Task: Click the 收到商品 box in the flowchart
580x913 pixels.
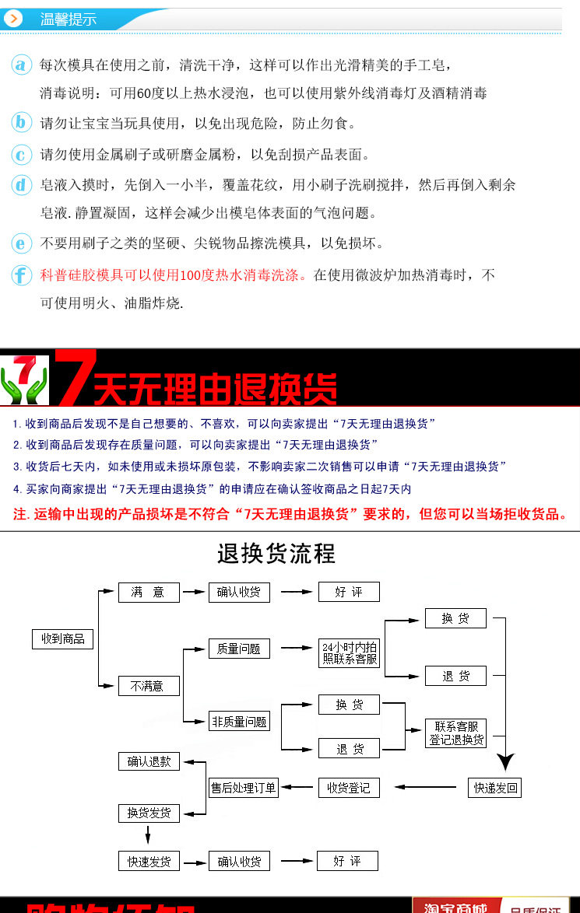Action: point(62,639)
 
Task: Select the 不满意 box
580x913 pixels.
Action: point(148,686)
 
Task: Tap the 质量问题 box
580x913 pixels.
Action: point(238,649)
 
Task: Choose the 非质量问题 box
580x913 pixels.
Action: point(239,722)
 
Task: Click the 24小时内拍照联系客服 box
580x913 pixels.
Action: point(350,653)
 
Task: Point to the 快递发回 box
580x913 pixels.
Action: point(495,788)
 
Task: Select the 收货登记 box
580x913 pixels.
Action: point(349,788)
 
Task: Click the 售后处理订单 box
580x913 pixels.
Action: point(244,788)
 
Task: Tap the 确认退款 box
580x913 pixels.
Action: point(149,761)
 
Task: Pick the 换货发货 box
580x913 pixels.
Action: point(149,813)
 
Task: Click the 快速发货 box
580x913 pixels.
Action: point(149,861)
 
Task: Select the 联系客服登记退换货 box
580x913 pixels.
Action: point(456,733)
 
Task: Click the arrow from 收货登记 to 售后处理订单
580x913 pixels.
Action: point(298,788)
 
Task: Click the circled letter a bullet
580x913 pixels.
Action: point(23,65)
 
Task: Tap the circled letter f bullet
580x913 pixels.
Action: point(23,275)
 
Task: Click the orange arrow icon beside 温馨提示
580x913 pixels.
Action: point(13,19)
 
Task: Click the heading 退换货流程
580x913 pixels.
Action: point(276,554)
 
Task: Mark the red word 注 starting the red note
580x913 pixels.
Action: point(20,515)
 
